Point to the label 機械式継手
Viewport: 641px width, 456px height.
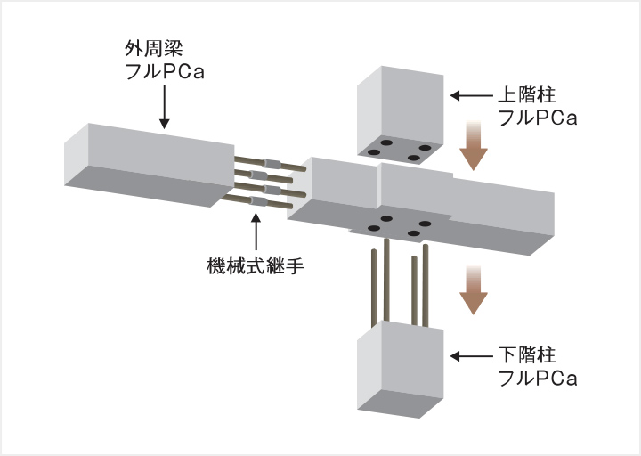tap(255, 265)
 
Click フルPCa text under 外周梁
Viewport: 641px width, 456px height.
tap(164, 70)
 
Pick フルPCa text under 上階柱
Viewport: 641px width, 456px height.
tap(537, 117)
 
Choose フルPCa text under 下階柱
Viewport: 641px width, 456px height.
tap(537, 379)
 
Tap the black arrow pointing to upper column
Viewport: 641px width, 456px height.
tap(469, 94)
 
